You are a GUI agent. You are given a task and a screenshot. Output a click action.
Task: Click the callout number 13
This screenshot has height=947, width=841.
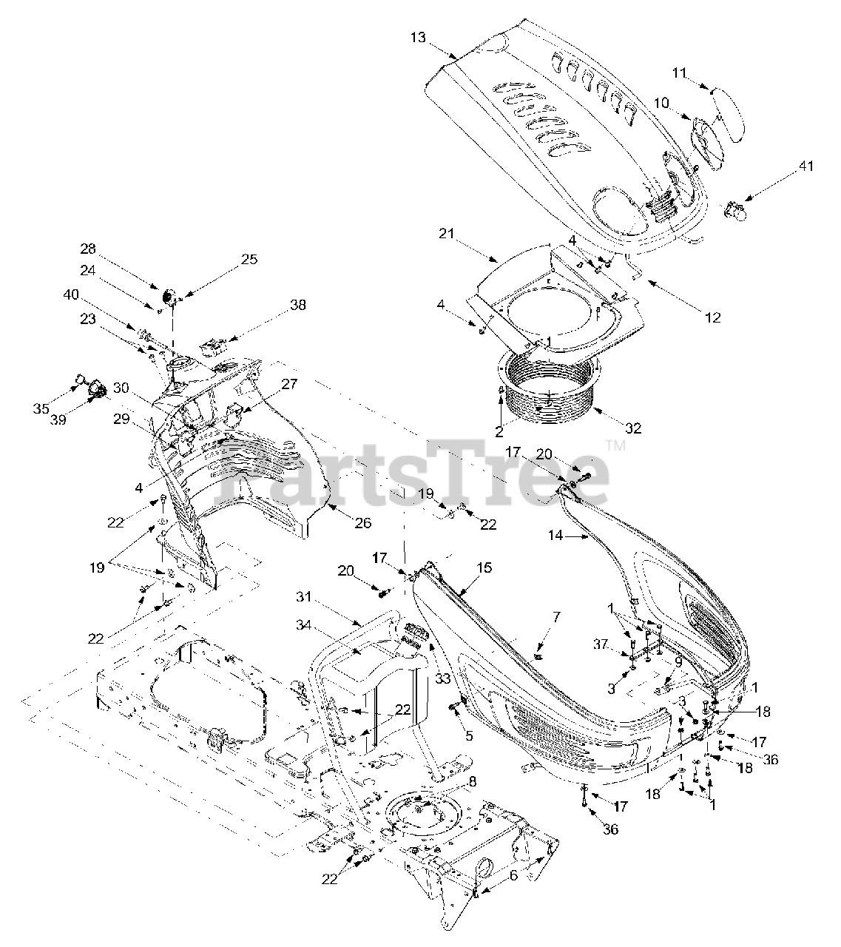(x=418, y=37)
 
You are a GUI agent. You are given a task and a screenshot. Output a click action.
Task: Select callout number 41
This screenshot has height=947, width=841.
(x=805, y=166)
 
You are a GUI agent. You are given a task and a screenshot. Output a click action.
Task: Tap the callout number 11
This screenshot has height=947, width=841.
(x=680, y=73)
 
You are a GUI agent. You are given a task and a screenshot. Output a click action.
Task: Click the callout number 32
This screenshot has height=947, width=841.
(x=632, y=428)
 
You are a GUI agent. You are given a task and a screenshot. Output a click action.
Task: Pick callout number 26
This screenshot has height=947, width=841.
(x=362, y=524)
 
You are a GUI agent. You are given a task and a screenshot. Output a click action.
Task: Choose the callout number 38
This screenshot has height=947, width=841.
(x=298, y=305)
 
